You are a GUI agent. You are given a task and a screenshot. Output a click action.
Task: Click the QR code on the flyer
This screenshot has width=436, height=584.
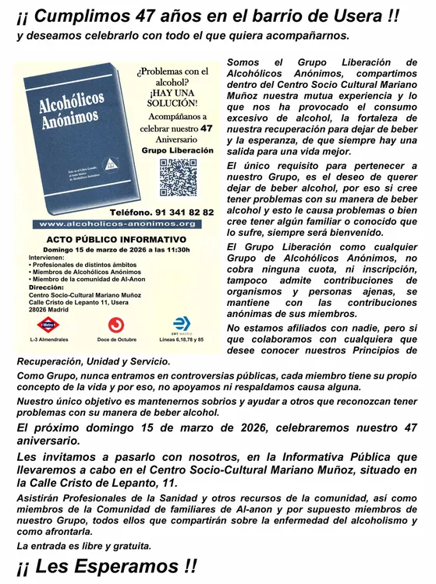179,178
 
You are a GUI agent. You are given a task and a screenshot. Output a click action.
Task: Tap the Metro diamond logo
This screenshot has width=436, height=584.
48,324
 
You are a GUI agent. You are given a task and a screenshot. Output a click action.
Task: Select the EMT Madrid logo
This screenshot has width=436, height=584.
181,323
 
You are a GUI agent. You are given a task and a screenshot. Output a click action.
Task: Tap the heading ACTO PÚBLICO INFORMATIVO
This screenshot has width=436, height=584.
117,239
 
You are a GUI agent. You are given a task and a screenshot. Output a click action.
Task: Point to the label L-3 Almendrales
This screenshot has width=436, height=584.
48,339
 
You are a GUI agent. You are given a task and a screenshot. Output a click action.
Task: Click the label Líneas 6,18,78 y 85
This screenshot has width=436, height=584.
181,339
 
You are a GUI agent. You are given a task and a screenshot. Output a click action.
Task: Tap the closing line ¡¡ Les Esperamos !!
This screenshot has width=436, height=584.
107,566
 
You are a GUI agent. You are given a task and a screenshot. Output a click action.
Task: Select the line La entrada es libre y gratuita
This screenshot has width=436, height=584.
84,546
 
